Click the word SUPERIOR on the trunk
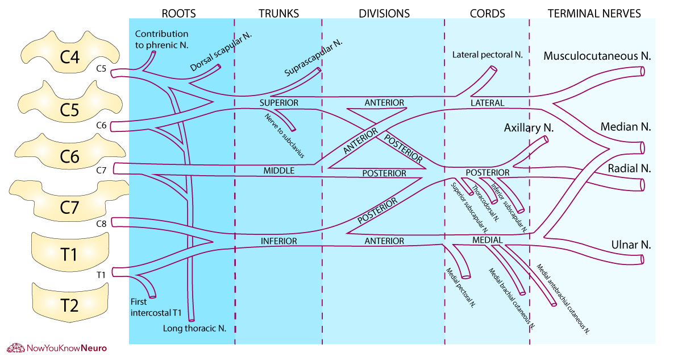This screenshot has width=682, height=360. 278,103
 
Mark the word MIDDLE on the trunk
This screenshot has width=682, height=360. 278,171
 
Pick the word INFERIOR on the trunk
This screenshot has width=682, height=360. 278,241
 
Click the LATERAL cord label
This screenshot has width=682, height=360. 487,103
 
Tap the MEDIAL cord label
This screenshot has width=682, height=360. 487,241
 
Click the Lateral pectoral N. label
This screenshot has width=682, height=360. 487,55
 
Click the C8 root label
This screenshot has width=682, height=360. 102,223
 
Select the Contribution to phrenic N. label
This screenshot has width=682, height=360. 161,39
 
